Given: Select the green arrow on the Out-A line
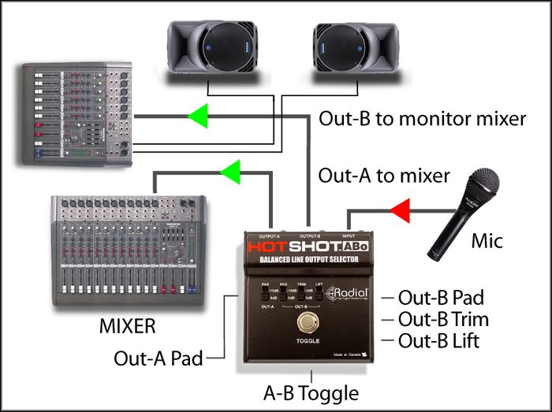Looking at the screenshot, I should [x=231, y=171].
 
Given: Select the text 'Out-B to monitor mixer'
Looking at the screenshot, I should [x=422, y=119].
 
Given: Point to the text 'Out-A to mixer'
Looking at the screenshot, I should [x=384, y=176].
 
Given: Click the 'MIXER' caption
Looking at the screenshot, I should [x=127, y=325].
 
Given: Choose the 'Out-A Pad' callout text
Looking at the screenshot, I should [x=158, y=358].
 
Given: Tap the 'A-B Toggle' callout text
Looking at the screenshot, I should [x=311, y=392].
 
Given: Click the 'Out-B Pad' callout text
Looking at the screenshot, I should [x=441, y=298].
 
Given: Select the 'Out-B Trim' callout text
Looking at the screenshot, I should [x=443, y=320].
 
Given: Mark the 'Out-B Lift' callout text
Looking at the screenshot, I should [x=438, y=341].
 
